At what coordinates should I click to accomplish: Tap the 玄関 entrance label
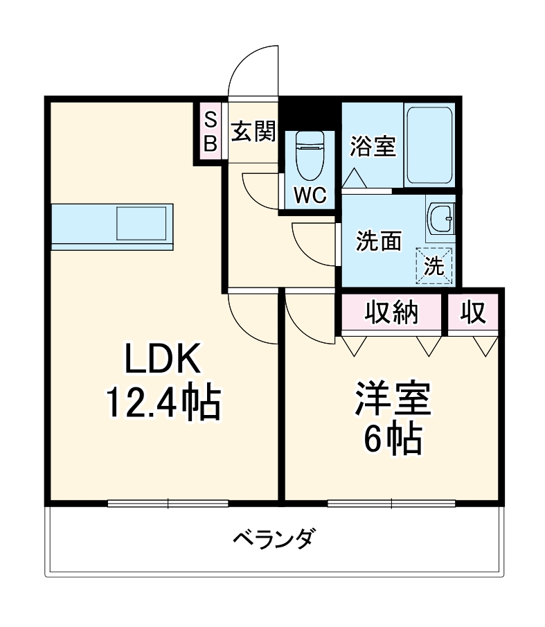(x=253, y=131)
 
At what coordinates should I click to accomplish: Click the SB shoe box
(x=211, y=131)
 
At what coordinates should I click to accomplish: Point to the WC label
(x=310, y=196)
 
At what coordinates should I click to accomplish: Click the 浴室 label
(x=372, y=147)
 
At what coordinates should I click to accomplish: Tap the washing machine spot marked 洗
(x=434, y=265)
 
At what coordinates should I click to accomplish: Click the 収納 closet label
(x=392, y=314)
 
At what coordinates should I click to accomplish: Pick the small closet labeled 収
(x=474, y=314)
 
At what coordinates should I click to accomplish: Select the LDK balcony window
(x=168, y=504)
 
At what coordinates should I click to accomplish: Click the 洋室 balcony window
(x=391, y=504)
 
